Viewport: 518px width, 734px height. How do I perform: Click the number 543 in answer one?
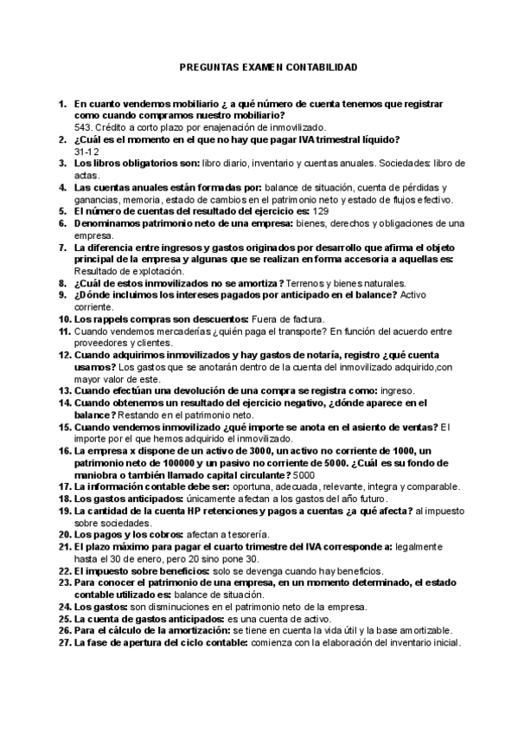(x=84, y=126)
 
